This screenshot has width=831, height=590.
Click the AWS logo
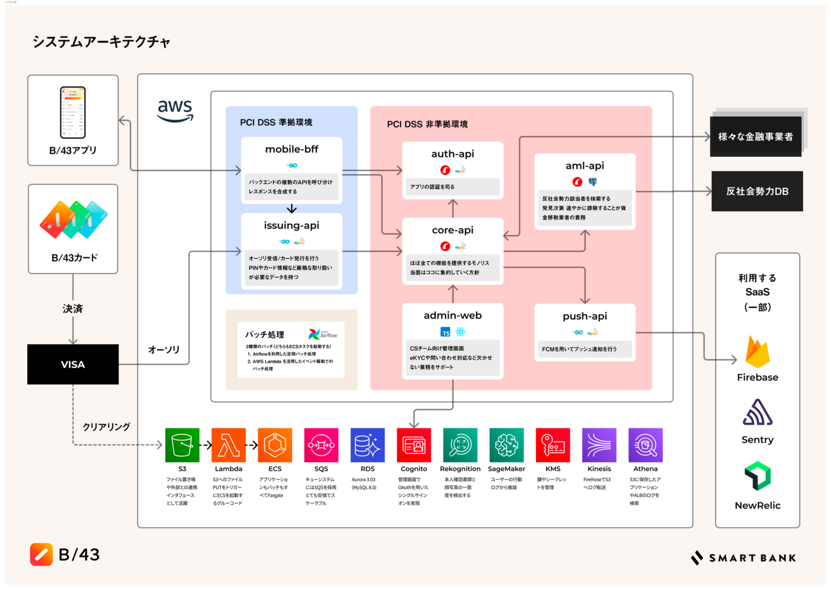[175, 110]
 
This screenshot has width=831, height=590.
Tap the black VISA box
[73, 364]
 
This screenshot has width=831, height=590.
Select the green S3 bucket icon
[182, 445]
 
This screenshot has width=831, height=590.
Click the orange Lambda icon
[229, 445]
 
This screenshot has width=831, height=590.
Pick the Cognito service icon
[414, 445]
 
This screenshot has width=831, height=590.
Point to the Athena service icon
[645, 445]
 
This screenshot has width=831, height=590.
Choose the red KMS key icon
[553, 445]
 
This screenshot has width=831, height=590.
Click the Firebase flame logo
[757, 352]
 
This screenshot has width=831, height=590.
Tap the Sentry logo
[757, 413]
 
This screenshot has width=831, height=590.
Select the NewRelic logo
[757, 476]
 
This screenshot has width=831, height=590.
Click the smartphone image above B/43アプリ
[73, 112]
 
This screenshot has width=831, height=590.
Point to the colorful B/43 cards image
[74, 219]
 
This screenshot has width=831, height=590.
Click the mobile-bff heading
[291, 150]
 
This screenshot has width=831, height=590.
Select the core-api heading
[453, 230]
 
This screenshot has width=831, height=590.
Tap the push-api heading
[585, 316]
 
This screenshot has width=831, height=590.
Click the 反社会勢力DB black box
[757, 191]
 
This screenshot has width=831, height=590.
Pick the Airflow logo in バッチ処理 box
[322, 334]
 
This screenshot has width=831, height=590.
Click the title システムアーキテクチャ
[102, 42]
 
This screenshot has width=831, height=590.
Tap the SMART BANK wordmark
[744, 558]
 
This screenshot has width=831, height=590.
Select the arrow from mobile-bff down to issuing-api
[291, 208]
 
